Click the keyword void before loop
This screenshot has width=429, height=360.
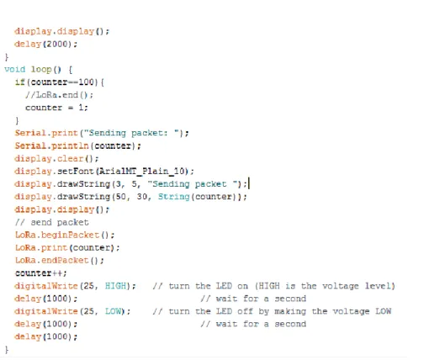15,69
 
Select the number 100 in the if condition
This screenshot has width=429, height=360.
87,82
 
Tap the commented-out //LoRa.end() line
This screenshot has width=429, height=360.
59,95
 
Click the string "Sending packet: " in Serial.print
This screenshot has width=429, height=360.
132,133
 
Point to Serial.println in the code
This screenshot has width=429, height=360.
52,146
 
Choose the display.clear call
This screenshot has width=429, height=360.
56,159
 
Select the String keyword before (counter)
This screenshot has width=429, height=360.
174,197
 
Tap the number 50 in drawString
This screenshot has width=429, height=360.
121,197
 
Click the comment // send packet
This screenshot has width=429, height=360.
52,222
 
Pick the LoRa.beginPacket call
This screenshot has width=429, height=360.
65,235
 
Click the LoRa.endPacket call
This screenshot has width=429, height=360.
59,261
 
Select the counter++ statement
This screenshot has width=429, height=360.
41,273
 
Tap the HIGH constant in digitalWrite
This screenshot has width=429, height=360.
115,286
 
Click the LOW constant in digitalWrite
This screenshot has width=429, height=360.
113,311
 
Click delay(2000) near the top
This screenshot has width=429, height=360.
45,45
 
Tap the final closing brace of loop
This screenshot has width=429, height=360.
7,350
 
